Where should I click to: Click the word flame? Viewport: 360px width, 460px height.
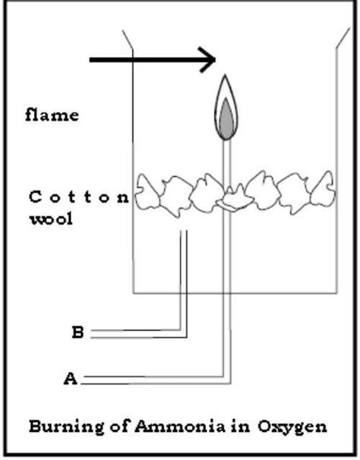click(52, 116)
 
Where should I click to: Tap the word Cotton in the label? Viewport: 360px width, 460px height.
click(79, 197)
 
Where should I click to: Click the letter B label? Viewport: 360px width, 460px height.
click(77, 332)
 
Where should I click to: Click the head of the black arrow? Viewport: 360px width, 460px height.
click(209, 59)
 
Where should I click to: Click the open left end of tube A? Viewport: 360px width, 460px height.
click(81, 379)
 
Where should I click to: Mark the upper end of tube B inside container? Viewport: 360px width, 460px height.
click(182, 234)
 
